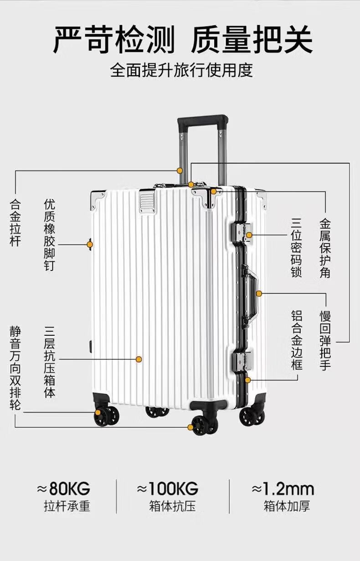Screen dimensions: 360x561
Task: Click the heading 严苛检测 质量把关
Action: pyautogui.click(x=183, y=40)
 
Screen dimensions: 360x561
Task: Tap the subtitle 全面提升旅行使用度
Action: pyautogui.click(x=181, y=71)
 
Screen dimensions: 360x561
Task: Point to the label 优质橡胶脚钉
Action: pyautogui.click(x=50, y=234)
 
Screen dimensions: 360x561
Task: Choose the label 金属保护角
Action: pyautogui.click(x=325, y=248)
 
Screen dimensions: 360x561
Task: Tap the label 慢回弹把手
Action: pyautogui.click(x=325, y=340)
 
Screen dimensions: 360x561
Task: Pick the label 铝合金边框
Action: pyautogui.click(x=297, y=340)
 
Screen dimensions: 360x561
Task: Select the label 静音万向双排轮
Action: pyautogui.click(x=15, y=368)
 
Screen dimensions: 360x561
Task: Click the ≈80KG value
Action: pyautogui.click(x=63, y=489)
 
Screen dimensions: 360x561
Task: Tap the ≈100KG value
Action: pyautogui.click(x=168, y=489)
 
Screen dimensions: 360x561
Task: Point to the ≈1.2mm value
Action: pyautogui.click(x=283, y=489)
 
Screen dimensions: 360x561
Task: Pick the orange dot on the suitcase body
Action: pyautogui.click(x=139, y=359)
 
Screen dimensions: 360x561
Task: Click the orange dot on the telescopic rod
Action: pyautogui.click(x=180, y=171)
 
